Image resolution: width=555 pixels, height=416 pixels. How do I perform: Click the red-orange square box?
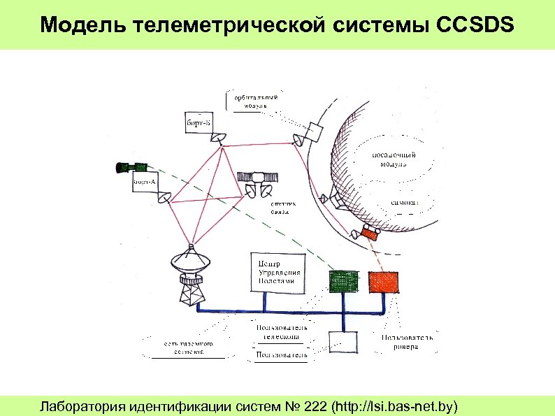(x=384, y=280)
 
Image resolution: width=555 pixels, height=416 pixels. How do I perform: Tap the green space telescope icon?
(x=131, y=167)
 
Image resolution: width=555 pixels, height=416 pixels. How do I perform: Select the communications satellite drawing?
(x=259, y=181)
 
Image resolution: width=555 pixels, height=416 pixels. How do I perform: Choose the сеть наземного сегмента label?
(x=188, y=348)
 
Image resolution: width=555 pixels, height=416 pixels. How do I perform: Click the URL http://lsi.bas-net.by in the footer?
(x=398, y=406)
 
